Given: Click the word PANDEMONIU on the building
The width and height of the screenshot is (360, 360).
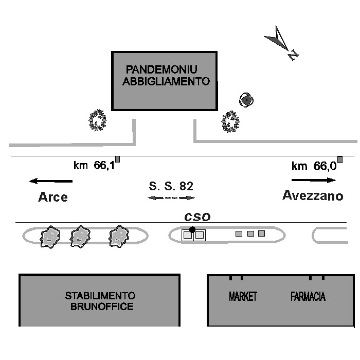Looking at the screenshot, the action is click(161, 69).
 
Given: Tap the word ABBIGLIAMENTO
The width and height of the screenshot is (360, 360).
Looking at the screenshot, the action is click(166, 81).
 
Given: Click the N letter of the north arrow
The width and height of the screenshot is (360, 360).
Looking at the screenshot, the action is click(293, 55).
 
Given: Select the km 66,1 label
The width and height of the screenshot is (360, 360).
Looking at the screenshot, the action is click(94, 165).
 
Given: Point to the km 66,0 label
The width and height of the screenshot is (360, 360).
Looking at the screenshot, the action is click(314, 166).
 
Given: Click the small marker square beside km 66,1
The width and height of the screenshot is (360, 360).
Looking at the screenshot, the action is click(117, 159).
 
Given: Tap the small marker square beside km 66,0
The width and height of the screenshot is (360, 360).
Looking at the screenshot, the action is click(340, 159).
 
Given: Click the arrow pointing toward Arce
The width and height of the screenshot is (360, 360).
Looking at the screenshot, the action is click(51, 181).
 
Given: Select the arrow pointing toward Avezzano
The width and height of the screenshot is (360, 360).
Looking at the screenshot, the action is click(313, 180).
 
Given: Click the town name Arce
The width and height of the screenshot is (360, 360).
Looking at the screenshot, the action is click(53, 197).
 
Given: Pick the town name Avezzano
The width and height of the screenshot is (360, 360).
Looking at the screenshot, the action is click(313, 195).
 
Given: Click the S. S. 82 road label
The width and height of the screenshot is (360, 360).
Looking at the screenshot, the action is click(171, 186).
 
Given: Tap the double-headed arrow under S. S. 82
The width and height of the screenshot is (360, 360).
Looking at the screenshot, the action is click(171, 197).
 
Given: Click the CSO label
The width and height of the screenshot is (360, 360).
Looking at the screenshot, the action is click(197, 217).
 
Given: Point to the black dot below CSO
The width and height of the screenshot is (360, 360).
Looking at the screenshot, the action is click(192, 229).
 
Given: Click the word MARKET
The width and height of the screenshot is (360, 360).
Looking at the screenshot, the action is click(243, 296).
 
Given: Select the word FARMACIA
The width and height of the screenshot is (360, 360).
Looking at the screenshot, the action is click(308, 296).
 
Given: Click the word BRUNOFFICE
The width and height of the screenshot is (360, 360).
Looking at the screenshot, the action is click(102, 307).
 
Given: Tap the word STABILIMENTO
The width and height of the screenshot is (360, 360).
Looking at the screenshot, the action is click(100, 296).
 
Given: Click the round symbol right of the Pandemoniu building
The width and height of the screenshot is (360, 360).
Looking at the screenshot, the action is click(246, 100).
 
